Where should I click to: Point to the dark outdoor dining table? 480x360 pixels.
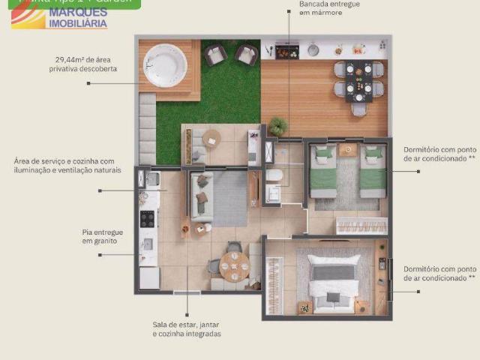(358, 80)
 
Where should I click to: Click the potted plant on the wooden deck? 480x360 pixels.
(279, 127)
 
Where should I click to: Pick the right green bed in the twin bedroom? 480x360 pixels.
(373, 171)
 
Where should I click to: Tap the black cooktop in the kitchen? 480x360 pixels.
(148, 219)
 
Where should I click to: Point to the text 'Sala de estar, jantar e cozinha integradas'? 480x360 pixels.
(187, 329)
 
